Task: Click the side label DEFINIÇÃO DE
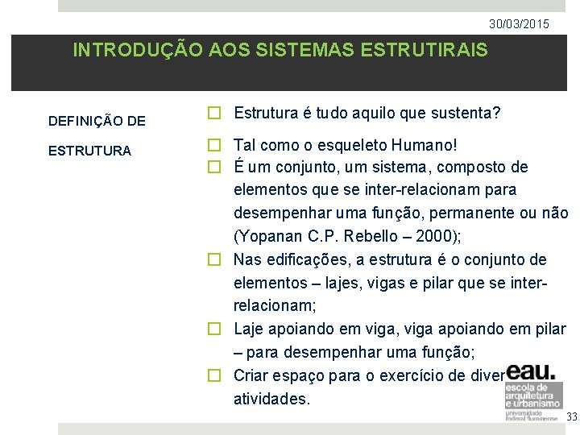pyautogui.click(x=97, y=122)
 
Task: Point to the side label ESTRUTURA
pyautogui.click(x=89, y=151)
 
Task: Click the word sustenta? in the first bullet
pyautogui.click(x=466, y=114)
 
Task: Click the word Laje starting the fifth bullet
pyautogui.click(x=250, y=329)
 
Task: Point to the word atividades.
pyautogui.click(x=271, y=399)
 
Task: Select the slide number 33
pyautogui.click(x=572, y=416)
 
